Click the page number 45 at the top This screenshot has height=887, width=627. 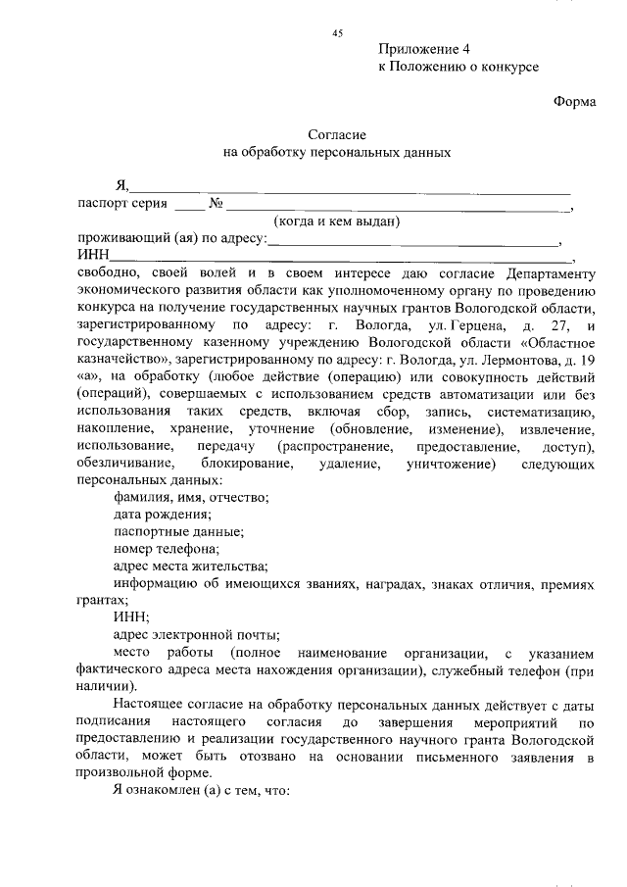pos(338,33)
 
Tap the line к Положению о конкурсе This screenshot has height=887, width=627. pos(458,67)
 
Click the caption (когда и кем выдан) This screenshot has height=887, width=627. pos(337,222)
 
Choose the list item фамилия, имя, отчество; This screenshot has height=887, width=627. pos(191,497)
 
